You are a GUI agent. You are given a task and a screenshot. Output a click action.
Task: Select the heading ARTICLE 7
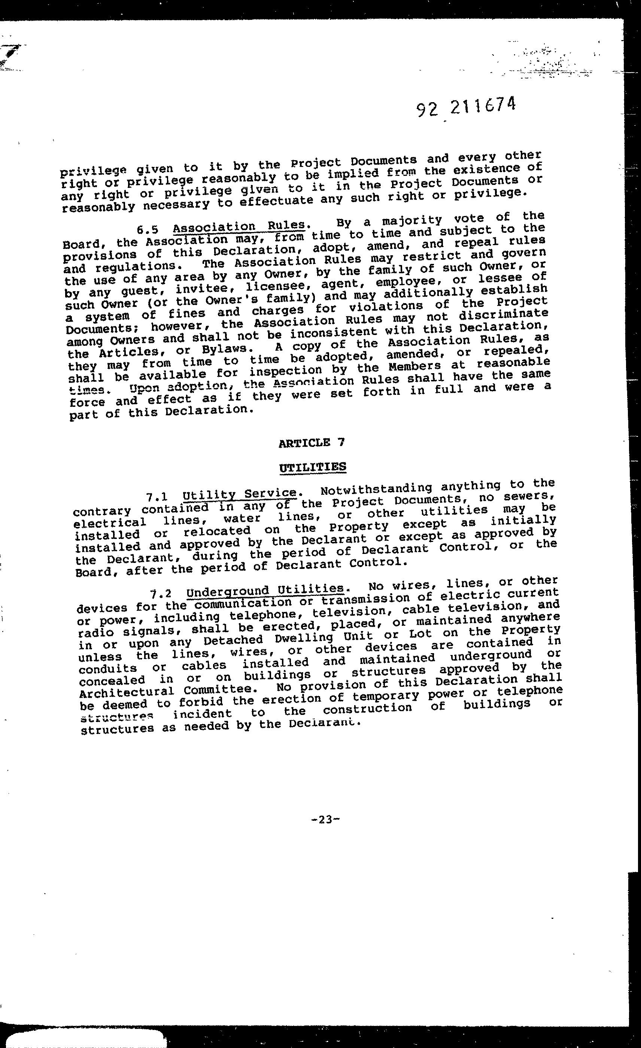point(312,443)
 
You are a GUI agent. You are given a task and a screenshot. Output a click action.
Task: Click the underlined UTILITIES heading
point(313,467)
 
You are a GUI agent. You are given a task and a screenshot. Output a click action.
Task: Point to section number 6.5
point(148,230)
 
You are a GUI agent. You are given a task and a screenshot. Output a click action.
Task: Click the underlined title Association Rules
point(239,225)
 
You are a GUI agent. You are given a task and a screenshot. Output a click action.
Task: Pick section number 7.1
point(157,496)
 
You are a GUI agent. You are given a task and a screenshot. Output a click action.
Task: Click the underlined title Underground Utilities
point(265,589)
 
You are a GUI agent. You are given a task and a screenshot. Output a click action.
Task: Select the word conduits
point(108,668)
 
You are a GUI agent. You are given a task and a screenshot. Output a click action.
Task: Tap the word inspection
point(285,371)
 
